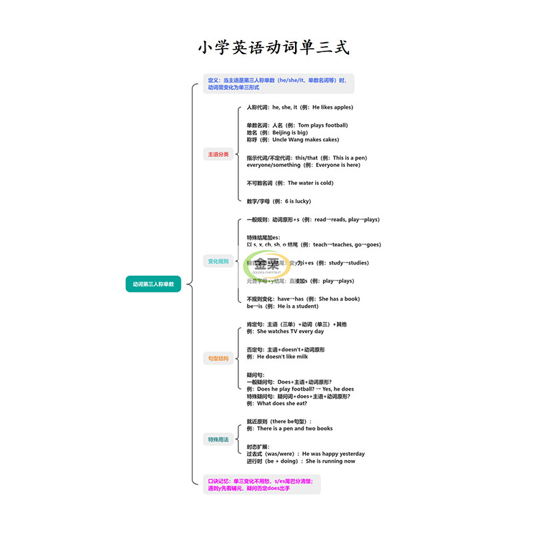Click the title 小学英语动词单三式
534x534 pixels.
point(273,48)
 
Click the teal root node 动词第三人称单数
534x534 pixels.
point(153,284)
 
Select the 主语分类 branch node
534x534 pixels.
point(218,154)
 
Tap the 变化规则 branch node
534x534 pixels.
point(218,261)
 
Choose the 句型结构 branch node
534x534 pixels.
point(218,358)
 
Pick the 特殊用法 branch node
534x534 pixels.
point(218,439)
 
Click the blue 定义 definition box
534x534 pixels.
point(278,83)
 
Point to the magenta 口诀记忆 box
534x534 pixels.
point(261,484)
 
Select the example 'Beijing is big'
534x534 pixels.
point(277,133)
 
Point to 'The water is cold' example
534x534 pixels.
point(290,183)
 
